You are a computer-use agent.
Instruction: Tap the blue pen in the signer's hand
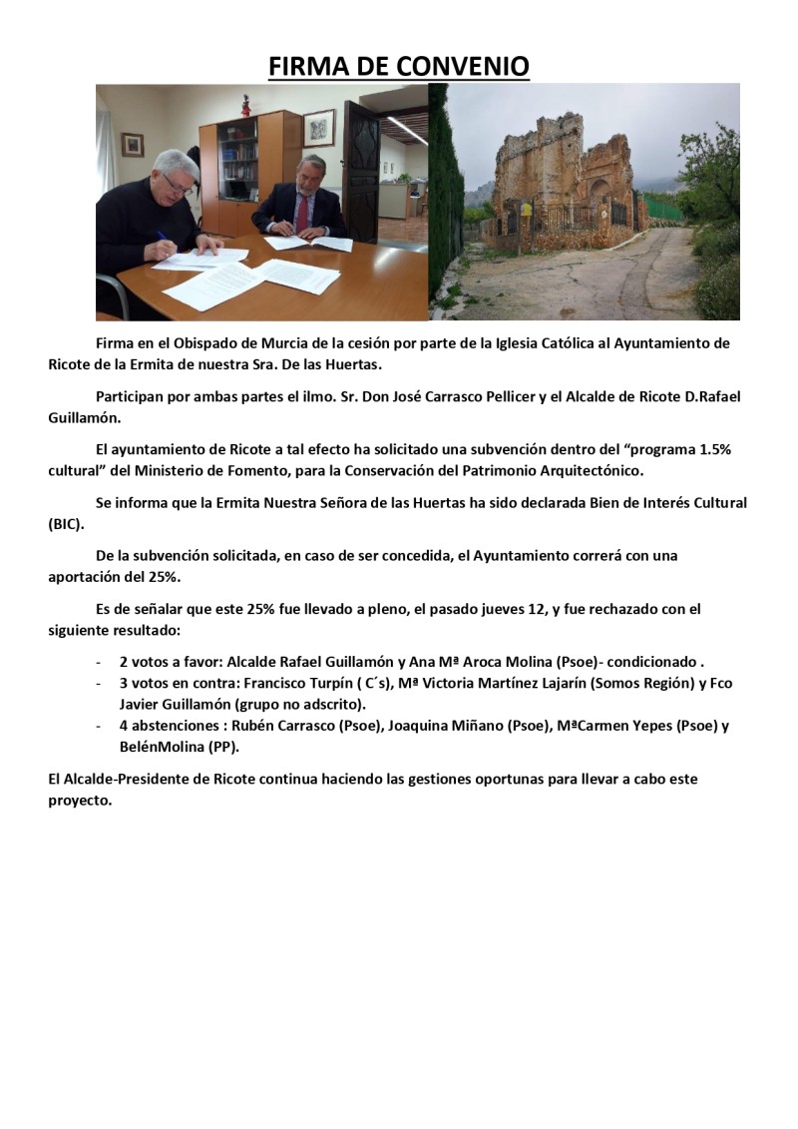[163, 239]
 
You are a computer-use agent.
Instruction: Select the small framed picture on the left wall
[133, 145]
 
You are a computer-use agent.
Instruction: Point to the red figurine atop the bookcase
[245, 105]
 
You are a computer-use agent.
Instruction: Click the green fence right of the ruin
[657, 210]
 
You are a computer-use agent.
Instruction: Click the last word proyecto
[79, 800]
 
